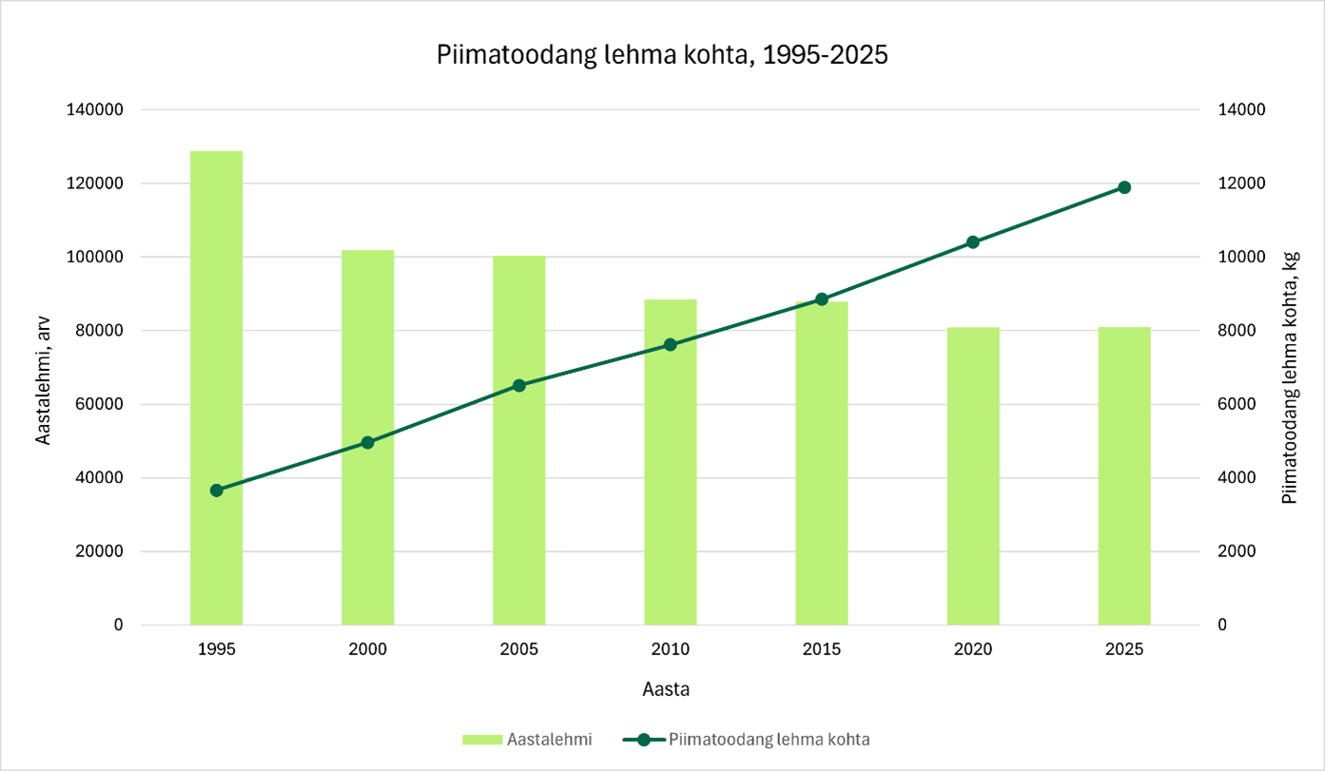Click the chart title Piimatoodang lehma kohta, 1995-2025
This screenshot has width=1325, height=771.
(662, 55)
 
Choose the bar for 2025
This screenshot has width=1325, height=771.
(1124, 475)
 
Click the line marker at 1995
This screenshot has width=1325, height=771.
(217, 491)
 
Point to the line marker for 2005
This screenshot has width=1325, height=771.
(519, 385)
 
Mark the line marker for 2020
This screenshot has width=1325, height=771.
(973, 242)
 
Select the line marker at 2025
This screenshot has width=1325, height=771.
(1124, 187)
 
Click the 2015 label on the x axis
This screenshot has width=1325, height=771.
(822, 650)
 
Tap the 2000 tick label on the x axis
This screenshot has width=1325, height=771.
(368, 650)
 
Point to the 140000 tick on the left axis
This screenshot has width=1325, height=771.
(95, 110)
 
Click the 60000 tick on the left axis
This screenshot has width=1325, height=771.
(99, 404)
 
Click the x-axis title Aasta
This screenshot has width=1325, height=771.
(666, 690)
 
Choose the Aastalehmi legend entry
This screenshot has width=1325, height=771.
(528, 739)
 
